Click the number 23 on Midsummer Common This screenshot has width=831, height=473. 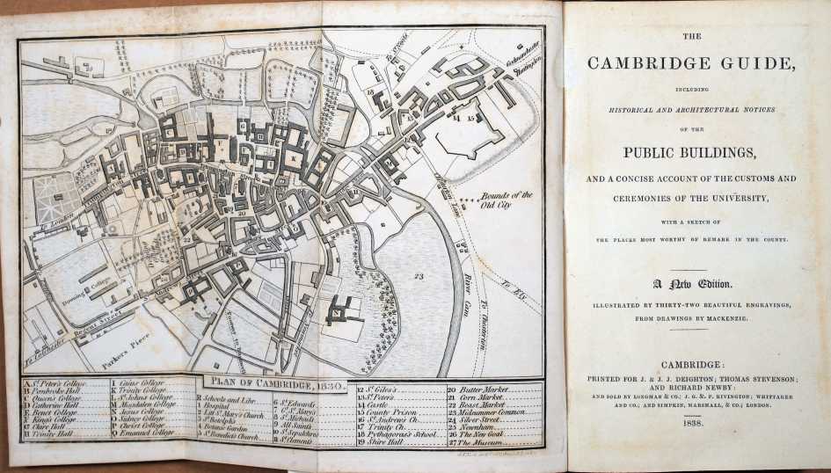tap(419, 276)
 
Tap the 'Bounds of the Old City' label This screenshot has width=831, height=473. tap(507, 200)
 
